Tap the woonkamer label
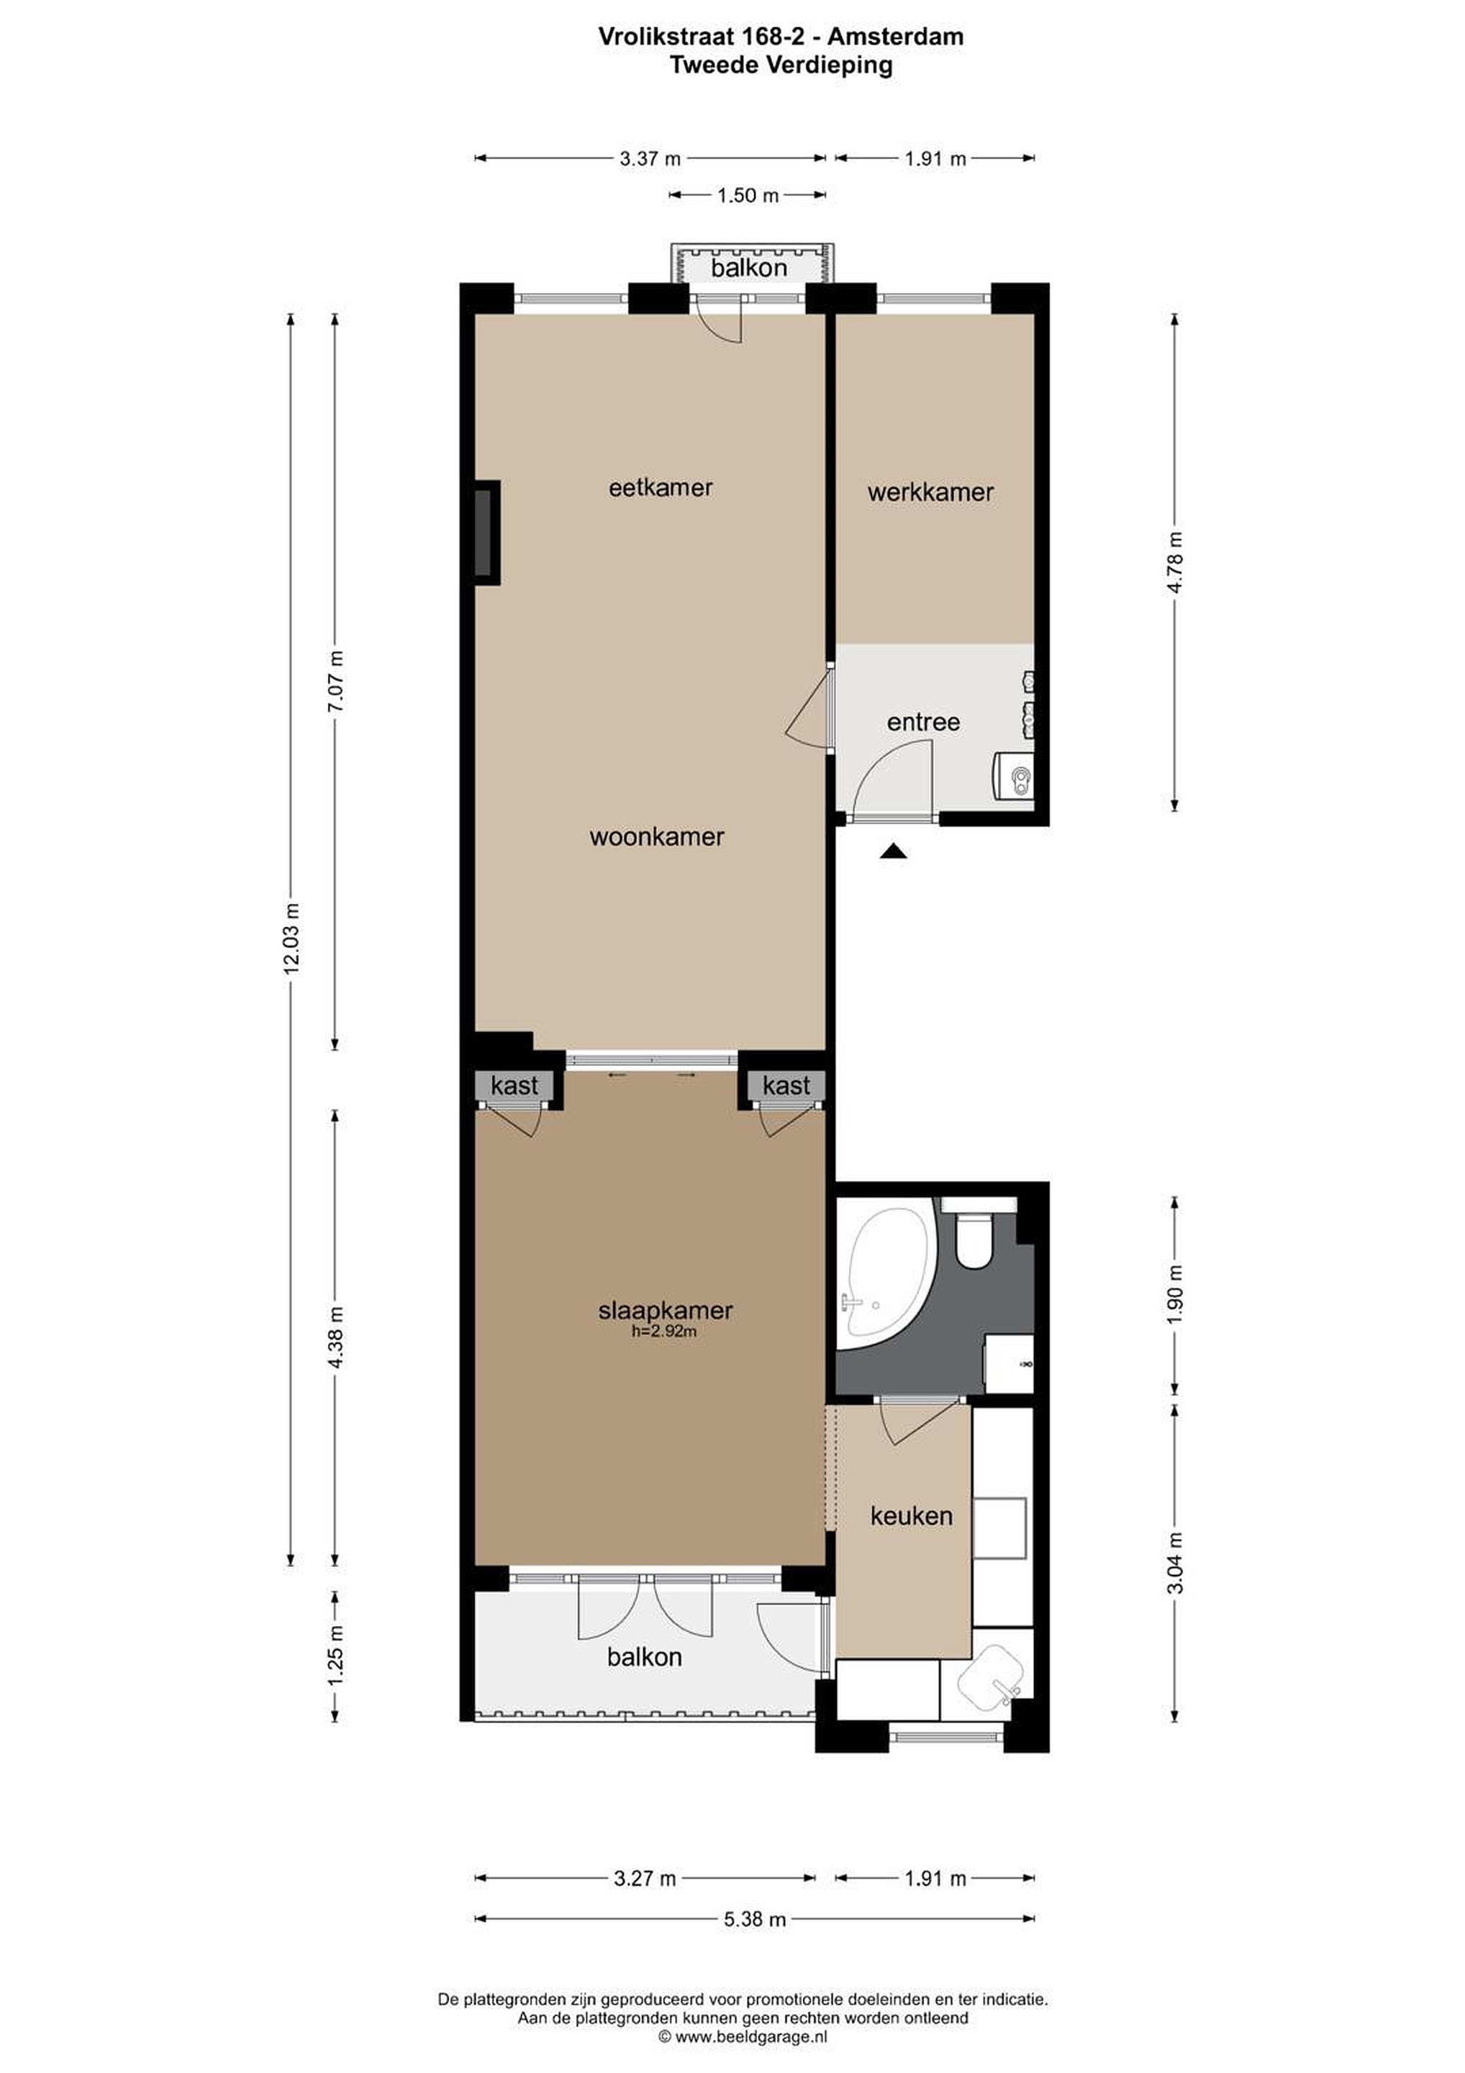[x=656, y=836]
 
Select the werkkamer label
[x=930, y=492]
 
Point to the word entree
[x=922, y=721]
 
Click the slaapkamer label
[x=666, y=1309]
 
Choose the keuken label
[x=911, y=1515]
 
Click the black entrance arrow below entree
[x=894, y=851]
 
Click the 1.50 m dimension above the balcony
[x=748, y=195]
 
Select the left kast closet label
[x=514, y=1085]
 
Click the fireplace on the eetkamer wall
[x=486, y=532]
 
